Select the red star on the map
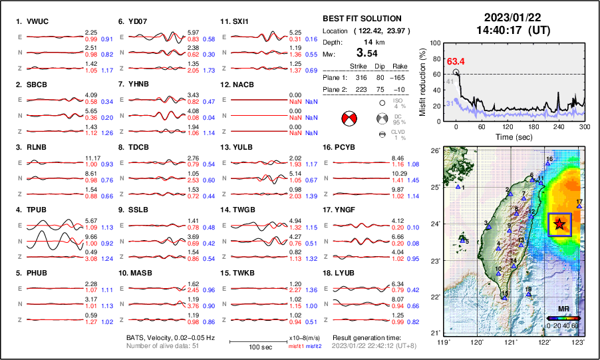point(559,224)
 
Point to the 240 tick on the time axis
point(559,126)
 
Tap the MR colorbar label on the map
point(563,309)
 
